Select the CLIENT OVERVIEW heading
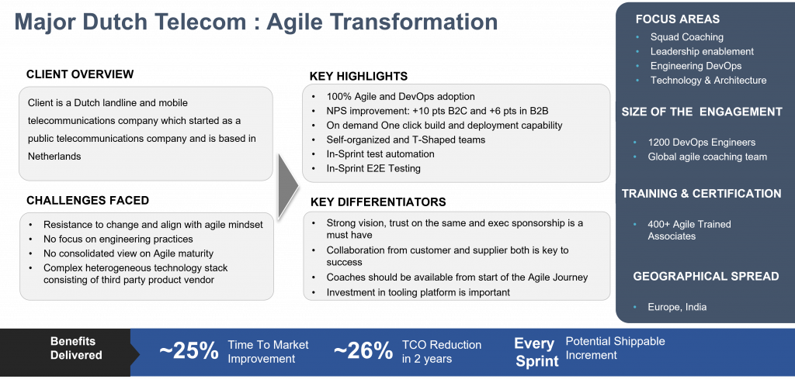80,74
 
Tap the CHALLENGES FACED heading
88,201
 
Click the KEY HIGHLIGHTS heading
359,77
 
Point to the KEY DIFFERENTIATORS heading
378,202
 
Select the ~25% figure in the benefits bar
189,350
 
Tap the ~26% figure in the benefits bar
363,350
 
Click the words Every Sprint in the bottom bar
536,352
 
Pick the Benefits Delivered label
76,348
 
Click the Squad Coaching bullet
686,37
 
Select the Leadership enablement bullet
702,51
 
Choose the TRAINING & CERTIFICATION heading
702,193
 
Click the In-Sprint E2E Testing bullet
373,168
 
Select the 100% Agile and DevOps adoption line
401,96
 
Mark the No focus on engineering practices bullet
118,239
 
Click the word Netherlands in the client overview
54,157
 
